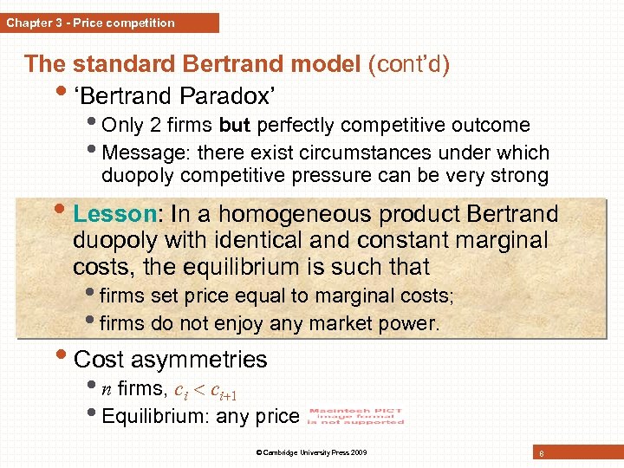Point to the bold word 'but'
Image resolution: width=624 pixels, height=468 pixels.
point(234,125)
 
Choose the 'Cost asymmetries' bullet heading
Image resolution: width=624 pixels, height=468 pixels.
point(171,359)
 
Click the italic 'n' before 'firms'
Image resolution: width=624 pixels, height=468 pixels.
point(107,389)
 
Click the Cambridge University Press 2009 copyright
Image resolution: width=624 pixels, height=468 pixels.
point(312,452)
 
